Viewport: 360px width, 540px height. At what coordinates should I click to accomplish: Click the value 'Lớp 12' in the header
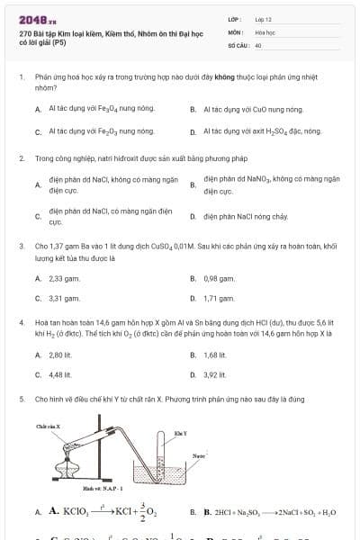click(x=264, y=19)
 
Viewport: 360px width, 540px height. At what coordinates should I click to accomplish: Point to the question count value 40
click(x=258, y=44)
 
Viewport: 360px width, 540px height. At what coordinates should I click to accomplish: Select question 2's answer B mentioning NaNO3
click(x=270, y=185)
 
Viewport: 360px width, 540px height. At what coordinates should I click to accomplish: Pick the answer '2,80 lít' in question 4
click(x=60, y=355)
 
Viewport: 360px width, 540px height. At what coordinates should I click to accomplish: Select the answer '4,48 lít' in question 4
click(x=60, y=374)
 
